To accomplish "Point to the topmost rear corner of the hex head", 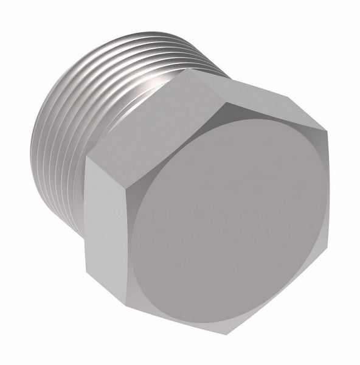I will click(x=189, y=69).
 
